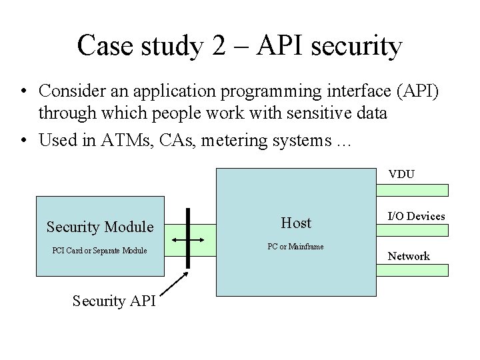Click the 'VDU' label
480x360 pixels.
pos(402,175)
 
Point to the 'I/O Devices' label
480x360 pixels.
pos(417,215)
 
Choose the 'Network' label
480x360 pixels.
pos(409,256)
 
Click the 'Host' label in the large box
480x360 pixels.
pos(296,223)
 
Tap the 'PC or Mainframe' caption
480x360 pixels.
pos(295,247)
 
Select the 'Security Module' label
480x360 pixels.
pos(100,227)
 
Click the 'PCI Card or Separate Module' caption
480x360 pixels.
pos(99,251)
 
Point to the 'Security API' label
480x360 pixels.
pos(113,301)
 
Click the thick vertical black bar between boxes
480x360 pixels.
pos(189,238)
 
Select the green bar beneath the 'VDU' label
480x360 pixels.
pos(413,189)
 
